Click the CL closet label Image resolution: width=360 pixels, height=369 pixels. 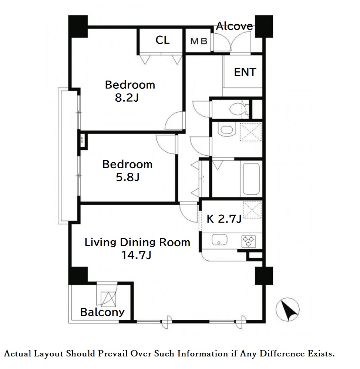click(162, 40)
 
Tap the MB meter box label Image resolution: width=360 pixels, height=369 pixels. click(199, 41)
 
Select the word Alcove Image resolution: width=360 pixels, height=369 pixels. click(235, 26)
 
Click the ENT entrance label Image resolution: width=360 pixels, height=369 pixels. click(245, 72)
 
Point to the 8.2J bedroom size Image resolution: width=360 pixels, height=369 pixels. click(127, 98)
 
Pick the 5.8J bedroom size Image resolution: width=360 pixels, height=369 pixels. click(128, 177)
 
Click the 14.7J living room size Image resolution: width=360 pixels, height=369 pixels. click(136, 255)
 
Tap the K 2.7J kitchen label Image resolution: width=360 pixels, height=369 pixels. click(224, 219)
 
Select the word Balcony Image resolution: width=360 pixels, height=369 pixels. click(102, 312)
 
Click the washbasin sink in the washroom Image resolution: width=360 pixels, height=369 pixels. click(226, 129)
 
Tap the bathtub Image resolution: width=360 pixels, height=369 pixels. click(251, 179)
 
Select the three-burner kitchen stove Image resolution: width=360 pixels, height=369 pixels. click(248, 241)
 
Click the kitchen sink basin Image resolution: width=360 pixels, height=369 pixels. click(219, 240)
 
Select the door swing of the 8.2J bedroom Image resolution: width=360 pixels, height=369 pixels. click(174, 121)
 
